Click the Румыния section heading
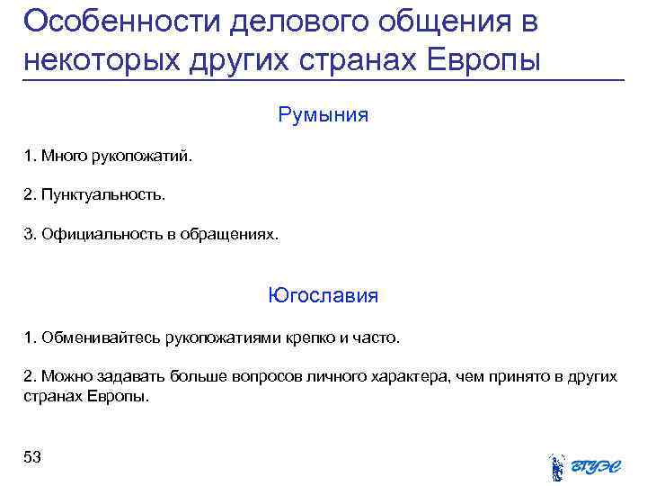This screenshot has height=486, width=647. [323, 115]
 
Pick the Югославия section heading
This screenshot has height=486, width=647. [323, 295]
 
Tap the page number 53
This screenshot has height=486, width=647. [32, 457]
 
